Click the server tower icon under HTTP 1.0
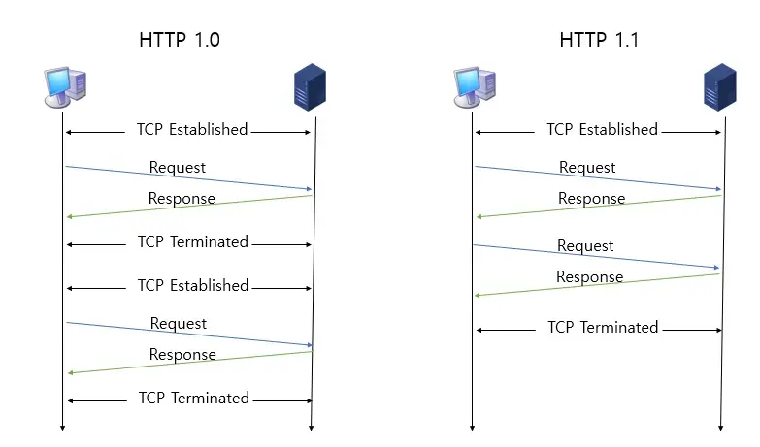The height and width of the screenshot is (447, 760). click(310, 88)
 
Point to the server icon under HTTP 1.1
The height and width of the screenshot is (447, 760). click(719, 88)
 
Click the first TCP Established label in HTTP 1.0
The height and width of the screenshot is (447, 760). click(192, 130)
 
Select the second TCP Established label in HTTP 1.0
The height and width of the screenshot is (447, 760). click(193, 286)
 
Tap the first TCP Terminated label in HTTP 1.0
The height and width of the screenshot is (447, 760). click(193, 241)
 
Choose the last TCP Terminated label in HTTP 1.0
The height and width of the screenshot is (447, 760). click(193, 398)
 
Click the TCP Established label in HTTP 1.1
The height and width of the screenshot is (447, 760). click(602, 130)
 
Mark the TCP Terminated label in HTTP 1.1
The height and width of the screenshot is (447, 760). click(603, 327)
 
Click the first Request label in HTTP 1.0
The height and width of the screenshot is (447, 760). click(178, 168)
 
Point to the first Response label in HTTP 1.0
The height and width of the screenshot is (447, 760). click(182, 199)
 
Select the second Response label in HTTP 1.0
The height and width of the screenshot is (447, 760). click(182, 355)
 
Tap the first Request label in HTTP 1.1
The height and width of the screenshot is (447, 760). click(587, 168)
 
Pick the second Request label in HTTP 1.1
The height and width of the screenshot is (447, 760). click(585, 246)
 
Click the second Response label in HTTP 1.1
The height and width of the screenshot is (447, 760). click(589, 277)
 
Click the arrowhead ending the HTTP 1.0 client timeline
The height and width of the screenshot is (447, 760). click(63, 426)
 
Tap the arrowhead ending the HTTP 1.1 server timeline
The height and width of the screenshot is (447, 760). click(720, 426)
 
